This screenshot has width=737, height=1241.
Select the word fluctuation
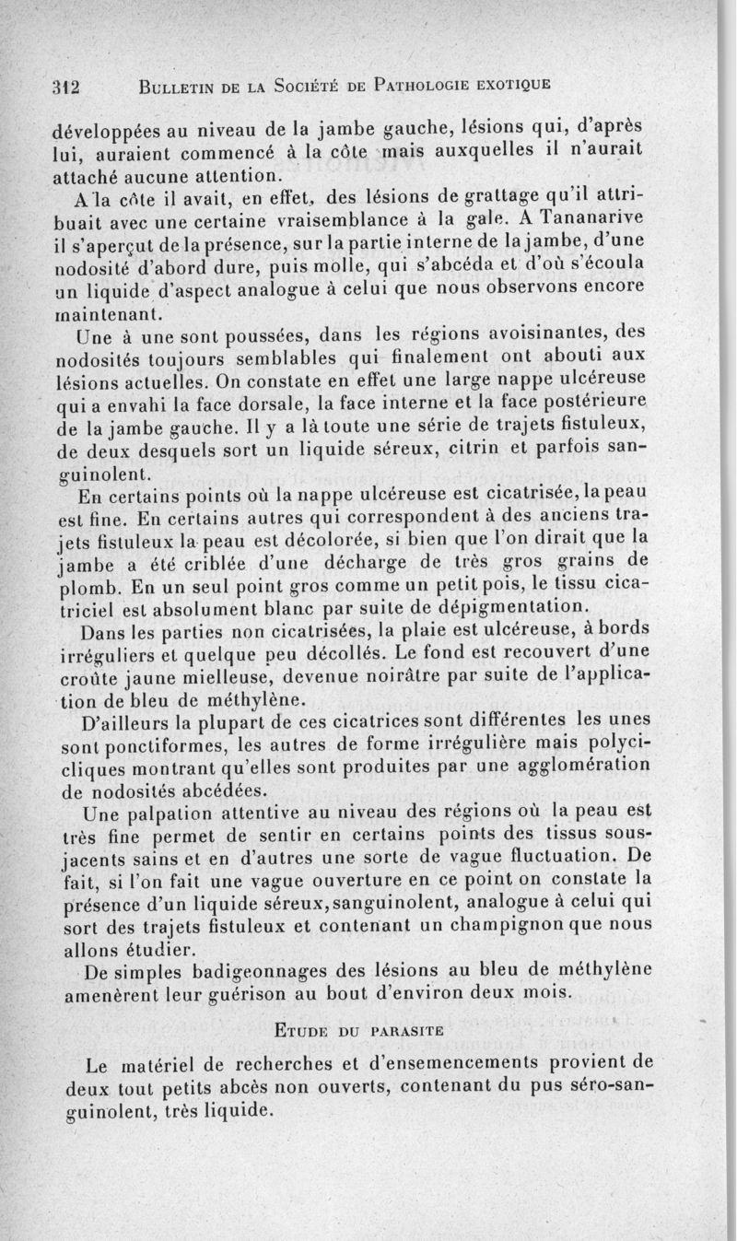[x=554, y=856]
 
